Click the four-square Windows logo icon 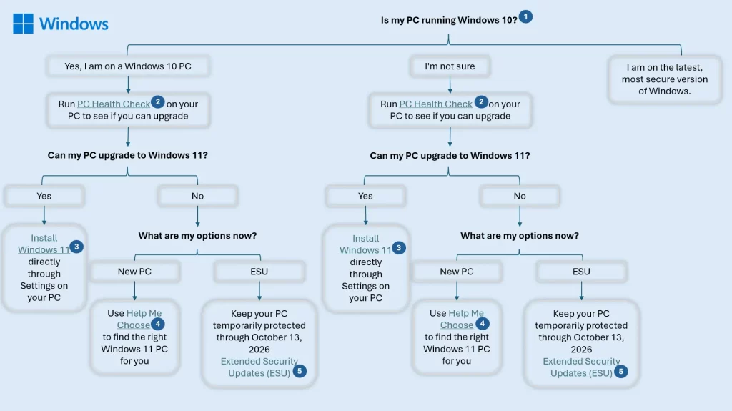tap(23, 24)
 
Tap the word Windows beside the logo tap(74, 24)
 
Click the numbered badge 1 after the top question tap(525, 16)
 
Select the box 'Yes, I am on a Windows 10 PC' tap(128, 66)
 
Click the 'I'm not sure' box tap(450, 66)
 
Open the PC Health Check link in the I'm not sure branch tap(435, 104)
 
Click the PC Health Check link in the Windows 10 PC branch tap(114, 104)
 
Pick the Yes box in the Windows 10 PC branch tap(44, 196)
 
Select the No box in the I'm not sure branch tap(520, 196)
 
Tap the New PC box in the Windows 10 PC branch tap(134, 272)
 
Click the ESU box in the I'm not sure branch tap(581, 272)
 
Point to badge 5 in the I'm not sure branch tap(621, 371)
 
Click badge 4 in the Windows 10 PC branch tap(159, 322)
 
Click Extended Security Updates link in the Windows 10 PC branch tap(259, 367)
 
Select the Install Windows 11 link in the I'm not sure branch tap(365, 244)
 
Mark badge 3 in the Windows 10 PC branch tap(76, 247)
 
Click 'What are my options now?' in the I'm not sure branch tap(520, 235)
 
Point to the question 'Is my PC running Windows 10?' tap(448, 20)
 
